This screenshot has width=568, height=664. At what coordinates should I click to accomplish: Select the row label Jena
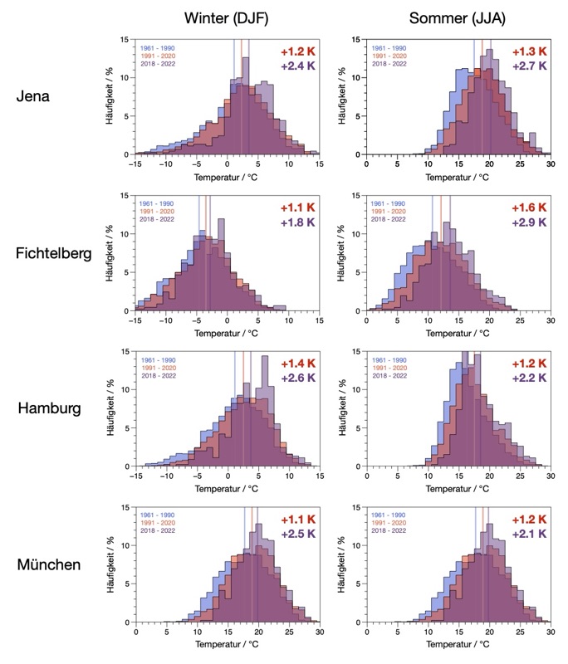(x=33, y=96)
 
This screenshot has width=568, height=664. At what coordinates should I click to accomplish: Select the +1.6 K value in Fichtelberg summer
(x=528, y=207)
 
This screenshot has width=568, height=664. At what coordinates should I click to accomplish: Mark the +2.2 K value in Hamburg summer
(x=528, y=378)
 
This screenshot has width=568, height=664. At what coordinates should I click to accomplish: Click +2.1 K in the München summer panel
(x=528, y=535)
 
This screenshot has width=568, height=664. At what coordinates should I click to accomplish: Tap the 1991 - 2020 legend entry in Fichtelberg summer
(x=389, y=212)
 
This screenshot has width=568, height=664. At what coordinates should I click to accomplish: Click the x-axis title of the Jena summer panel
(x=458, y=177)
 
